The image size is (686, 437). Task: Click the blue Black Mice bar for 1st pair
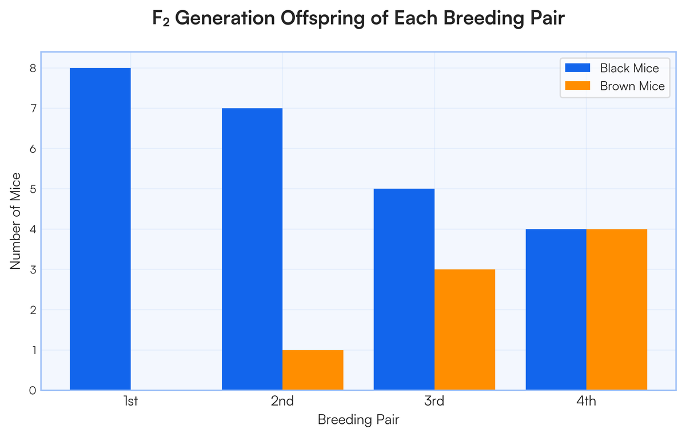coord(100,229)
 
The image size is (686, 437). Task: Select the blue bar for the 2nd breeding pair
coord(252,249)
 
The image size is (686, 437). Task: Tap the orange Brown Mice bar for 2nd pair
coord(313,370)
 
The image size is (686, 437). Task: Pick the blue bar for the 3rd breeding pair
coord(404,289)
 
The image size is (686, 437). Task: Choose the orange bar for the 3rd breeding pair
coord(465,329)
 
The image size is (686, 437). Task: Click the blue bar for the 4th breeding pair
coord(556,309)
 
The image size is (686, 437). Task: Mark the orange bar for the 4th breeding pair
coord(617,309)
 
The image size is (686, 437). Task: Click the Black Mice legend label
coord(629,68)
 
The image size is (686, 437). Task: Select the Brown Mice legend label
coord(632,86)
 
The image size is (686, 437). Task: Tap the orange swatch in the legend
coord(577,86)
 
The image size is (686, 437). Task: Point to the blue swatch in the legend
coord(577,67)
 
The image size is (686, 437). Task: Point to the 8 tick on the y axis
coord(33,68)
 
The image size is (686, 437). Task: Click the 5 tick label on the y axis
coord(33,189)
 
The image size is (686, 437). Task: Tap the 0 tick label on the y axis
coord(33,391)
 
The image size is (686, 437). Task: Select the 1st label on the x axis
coord(131,401)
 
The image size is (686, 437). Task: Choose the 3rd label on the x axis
coord(434,401)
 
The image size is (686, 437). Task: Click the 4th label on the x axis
coord(586,401)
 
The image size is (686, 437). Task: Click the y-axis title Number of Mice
coord(15,221)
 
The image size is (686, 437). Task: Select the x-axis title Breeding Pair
coord(358,420)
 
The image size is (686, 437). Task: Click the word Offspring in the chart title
coord(322,18)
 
